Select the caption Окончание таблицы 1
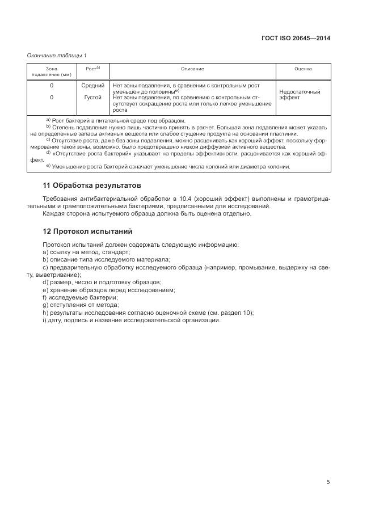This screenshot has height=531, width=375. tap(57, 55)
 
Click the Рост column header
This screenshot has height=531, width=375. tap(92, 69)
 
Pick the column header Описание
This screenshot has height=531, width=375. tap(192, 69)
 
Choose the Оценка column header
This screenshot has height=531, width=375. tap(303, 69)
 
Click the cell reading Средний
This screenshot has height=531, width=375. tap(92, 86)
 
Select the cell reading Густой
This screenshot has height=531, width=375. tap(92, 98)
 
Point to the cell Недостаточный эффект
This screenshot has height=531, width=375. tap(300, 94)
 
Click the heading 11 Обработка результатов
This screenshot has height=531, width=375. tap(92, 186)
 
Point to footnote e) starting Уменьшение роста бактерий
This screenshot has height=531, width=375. tap(168, 167)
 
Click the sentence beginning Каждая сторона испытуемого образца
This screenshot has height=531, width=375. tap(147, 213)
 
